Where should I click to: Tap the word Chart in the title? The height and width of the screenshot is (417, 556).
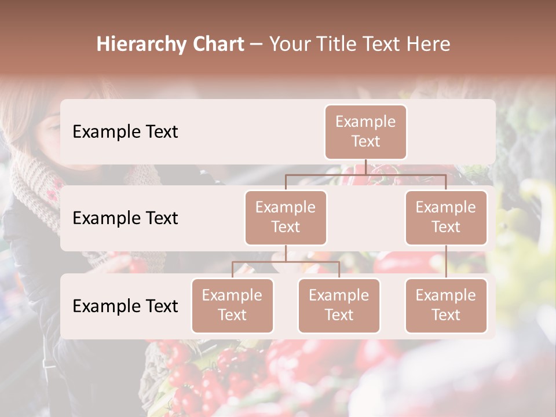[x=218, y=44]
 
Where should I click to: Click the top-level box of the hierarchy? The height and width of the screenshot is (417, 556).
[x=365, y=131]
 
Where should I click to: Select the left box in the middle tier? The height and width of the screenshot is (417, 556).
[x=286, y=217]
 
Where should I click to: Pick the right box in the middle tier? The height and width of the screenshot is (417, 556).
[x=446, y=217]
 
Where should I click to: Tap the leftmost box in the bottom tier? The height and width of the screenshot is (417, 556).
[x=232, y=305]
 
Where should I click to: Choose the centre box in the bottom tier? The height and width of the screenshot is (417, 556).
[x=339, y=305]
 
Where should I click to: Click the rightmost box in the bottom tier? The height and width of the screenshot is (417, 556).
[x=446, y=305]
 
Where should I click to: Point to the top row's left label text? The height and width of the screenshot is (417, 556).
[x=125, y=131]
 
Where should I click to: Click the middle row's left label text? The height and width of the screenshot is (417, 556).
[x=125, y=218]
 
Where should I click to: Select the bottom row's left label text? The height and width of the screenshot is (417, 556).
[x=125, y=306]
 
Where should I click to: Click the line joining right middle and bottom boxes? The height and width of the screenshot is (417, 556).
[x=446, y=262]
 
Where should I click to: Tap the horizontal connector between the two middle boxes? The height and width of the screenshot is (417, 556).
[x=365, y=174]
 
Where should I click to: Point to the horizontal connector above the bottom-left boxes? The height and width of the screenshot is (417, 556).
[x=286, y=262]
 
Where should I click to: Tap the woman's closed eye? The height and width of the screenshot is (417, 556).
[x=53, y=127]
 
